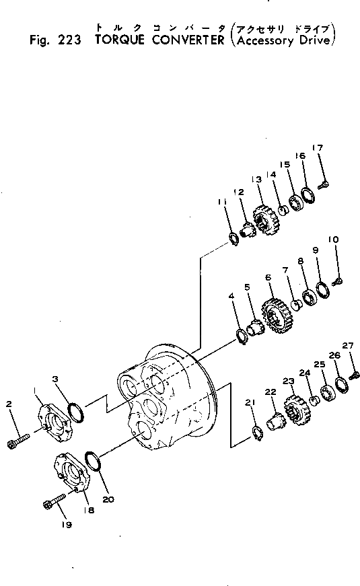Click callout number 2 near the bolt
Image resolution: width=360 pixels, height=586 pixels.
tap(9, 404)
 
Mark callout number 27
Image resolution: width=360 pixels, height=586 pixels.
tap(347, 346)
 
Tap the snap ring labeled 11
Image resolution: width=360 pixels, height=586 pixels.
tap(233, 238)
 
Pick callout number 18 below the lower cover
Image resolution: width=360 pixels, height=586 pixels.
tap(89, 510)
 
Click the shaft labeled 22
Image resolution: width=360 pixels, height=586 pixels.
tap(277, 425)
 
